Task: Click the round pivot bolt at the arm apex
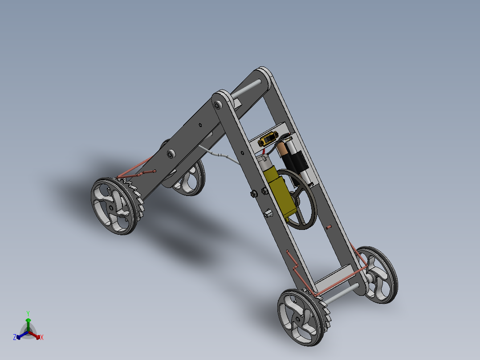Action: (x=218, y=105)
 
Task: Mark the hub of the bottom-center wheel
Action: (x=297, y=319)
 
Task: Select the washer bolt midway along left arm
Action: (x=171, y=154)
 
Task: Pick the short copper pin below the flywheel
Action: (x=329, y=227)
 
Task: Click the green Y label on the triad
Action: (x=28, y=313)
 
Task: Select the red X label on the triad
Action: (x=42, y=338)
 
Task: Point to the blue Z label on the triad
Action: (x=15, y=338)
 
